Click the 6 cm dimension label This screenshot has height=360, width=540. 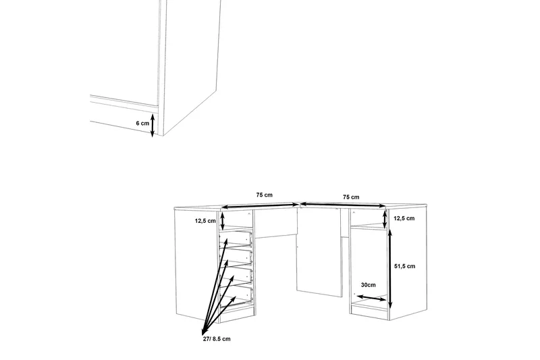coord(142,124)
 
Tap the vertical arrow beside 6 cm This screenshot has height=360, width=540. coord(153,125)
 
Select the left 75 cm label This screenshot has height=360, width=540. coord(264,195)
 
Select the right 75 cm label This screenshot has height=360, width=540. coord(351,197)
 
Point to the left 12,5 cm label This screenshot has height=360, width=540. coord(205,220)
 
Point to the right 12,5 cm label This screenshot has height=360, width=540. coord(404,219)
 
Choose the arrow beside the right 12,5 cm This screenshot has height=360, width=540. coord(385,219)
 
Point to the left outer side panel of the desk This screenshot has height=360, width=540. coord(196,263)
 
